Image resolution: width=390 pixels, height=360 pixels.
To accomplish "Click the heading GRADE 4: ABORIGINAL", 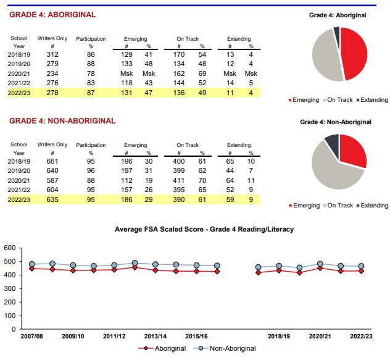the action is tap(52, 15).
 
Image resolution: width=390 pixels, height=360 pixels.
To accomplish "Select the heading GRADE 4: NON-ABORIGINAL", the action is tap(62, 121).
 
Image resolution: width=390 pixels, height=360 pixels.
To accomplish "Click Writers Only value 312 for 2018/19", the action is tap(52, 54).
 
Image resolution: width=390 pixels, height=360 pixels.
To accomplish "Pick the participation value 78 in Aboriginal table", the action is tap(91, 73).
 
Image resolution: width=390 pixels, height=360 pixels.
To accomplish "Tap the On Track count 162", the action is tap(179, 73).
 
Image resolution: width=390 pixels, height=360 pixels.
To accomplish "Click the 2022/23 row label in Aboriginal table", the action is tap(19, 93).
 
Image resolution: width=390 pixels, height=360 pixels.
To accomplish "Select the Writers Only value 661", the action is tap(52, 161).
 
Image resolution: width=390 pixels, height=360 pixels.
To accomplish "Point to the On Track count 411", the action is tap(179, 180).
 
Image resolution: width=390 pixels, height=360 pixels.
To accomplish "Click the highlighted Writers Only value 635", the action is tap(52, 199).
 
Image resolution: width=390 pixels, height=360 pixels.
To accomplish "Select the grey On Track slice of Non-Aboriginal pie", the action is tap(333, 172).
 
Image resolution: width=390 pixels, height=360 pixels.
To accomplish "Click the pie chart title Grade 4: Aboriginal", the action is tap(338, 15).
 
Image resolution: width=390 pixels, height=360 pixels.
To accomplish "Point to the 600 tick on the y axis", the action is tap(10, 248).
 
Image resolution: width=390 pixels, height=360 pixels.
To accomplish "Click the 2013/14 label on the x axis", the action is tap(156, 337).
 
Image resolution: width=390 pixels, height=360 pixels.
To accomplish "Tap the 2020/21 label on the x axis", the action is tap(320, 337).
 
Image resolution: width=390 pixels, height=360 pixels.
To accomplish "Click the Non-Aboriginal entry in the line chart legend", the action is tap(225, 348).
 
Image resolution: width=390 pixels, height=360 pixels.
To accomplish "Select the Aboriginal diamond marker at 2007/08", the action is tap(32, 269).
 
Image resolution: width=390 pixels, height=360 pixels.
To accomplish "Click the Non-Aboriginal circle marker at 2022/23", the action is tap(362, 266).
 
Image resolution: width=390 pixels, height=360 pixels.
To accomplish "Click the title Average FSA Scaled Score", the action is tap(159, 229).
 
